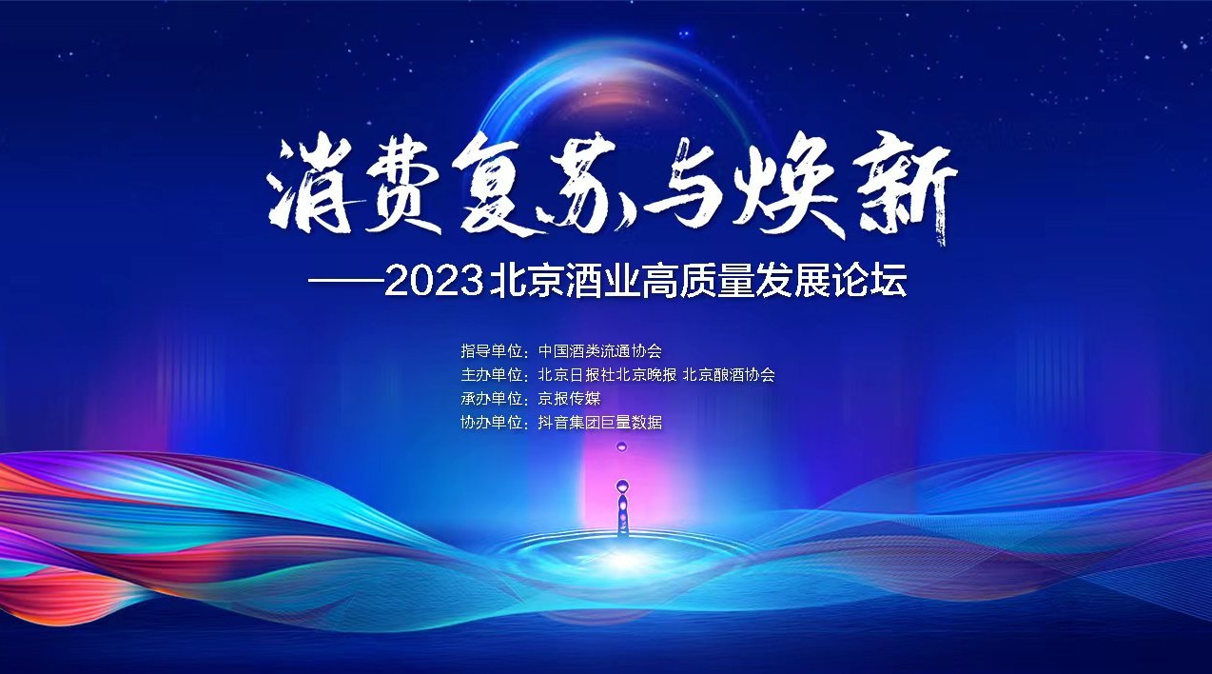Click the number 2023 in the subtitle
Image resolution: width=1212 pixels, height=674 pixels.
coord(434,282)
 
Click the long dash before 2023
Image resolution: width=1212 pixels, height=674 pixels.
coord(345,282)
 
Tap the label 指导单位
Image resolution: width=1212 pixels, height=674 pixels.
coord(492,351)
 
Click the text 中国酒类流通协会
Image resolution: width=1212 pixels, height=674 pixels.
coord(599,351)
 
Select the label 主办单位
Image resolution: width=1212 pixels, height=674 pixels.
coord(492,375)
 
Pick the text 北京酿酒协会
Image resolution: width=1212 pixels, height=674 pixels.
coord(729,375)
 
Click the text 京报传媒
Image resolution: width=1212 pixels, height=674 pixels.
coord(569,399)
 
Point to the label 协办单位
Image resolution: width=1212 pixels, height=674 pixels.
coord(492,423)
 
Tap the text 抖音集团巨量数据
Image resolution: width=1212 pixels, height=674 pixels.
coord(599,423)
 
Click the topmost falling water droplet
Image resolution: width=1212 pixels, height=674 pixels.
coord(621,446)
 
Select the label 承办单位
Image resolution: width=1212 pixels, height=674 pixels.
coord(492,399)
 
